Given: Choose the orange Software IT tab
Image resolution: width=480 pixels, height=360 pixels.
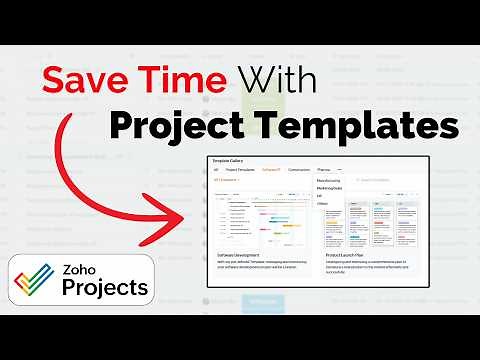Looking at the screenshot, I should (x=271, y=170).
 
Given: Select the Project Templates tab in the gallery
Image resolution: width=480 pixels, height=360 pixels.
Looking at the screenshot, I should (x=239, y=170).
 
